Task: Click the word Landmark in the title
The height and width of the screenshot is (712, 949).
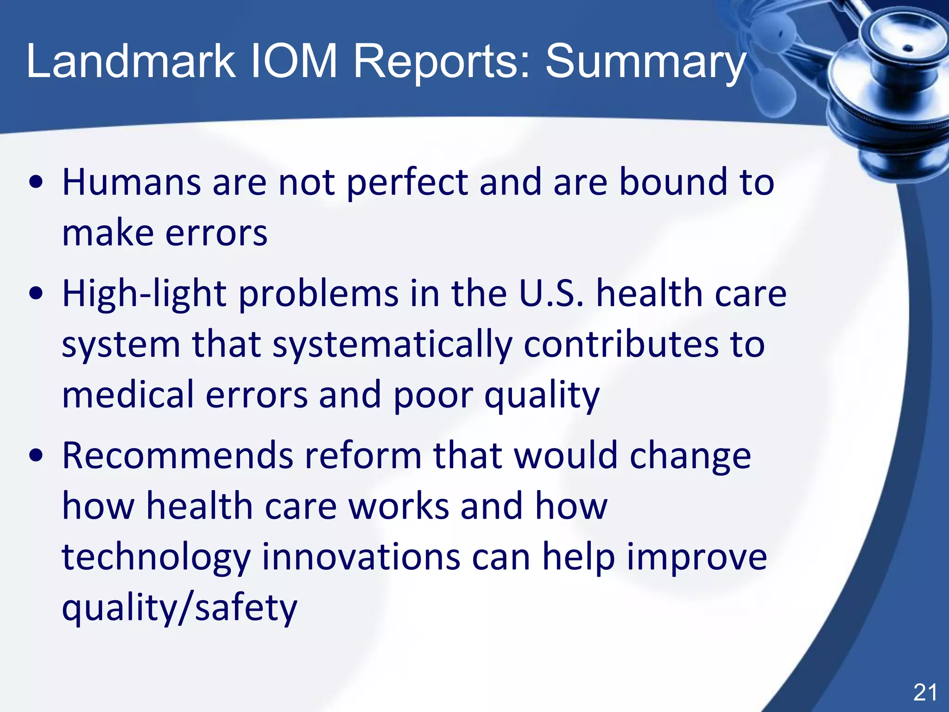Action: click(x=131, y=61)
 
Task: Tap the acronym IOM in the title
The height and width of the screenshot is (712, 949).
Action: click(x=294, y=61)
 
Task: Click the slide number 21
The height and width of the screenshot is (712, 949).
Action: click(x=925, y=693)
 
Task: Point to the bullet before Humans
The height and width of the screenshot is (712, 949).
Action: click(x=36, y=182)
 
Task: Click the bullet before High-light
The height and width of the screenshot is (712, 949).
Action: click(x=36, y=294)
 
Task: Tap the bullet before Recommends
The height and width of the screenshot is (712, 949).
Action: click(x=36, y=456)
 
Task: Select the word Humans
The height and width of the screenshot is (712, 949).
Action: click(x=132, y=182)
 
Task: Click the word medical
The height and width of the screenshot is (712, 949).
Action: click(x=128, y=394)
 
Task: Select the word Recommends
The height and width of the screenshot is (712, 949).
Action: click(x=177, y=455)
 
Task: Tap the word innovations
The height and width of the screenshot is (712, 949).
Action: click(x=361, y=556)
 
